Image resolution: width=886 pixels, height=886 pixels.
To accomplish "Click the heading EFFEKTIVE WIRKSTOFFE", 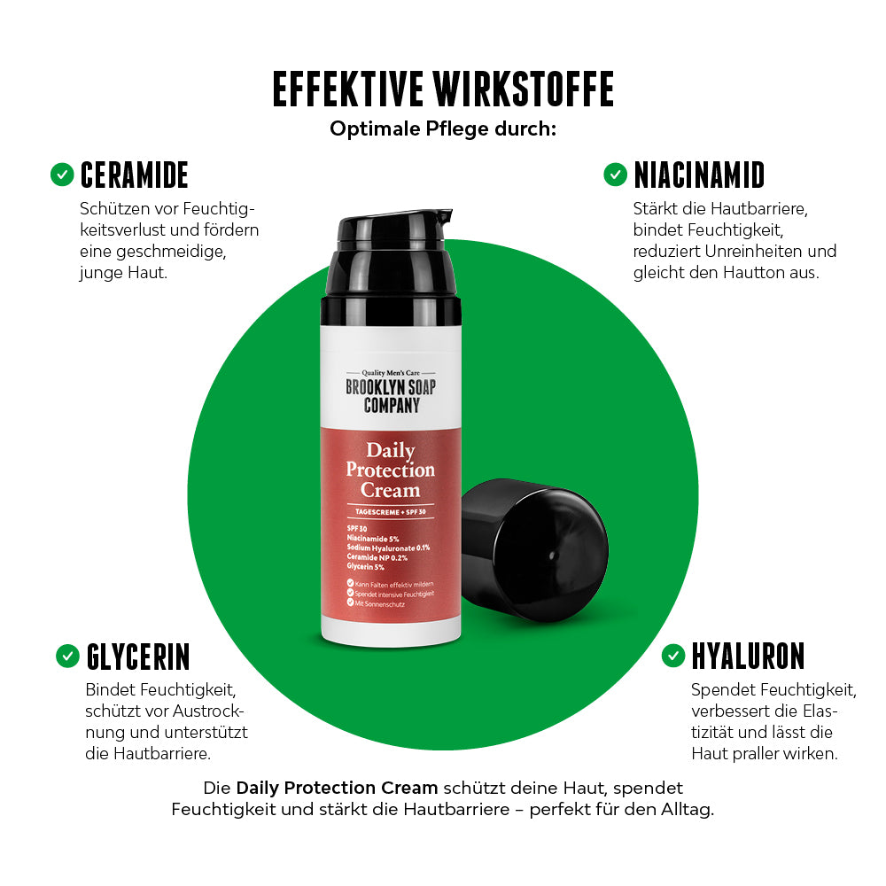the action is [443, 89].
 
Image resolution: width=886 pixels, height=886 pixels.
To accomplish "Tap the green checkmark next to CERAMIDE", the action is [62, 175].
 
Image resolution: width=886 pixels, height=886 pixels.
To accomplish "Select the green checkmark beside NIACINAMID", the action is [616, 175].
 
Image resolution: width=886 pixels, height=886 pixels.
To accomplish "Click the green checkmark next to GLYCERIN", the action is [68, 656].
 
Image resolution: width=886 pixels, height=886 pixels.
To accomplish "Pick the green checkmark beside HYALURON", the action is [673, 656].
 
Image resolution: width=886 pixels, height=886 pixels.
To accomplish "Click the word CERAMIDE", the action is [135, 175].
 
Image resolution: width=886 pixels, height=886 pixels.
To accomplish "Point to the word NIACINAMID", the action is [700, 175].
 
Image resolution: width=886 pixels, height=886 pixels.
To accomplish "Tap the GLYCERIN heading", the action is [138, 657].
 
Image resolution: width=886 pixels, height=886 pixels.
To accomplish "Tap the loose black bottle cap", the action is [534, 550].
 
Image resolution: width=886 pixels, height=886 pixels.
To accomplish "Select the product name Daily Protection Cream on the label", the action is [391, 470].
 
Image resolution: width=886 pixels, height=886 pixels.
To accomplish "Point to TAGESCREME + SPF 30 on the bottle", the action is [391, 512].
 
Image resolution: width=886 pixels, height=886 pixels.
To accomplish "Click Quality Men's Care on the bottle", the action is [391, 373].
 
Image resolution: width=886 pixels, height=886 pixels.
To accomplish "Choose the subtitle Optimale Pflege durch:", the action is [443, 128].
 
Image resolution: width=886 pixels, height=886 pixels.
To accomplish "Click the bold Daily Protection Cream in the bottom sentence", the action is [337, 788].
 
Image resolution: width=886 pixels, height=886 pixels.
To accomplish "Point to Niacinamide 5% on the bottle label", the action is [373, 539].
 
